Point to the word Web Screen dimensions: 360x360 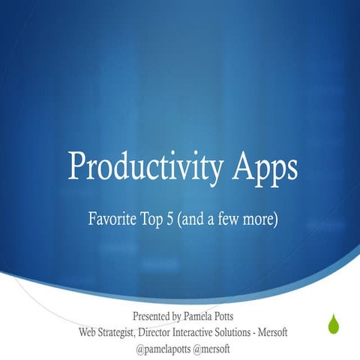click(x=88, y=331)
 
